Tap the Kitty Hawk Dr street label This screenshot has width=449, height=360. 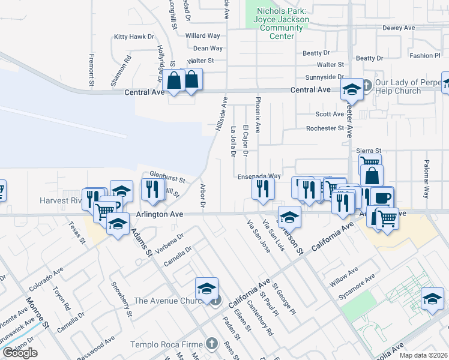tap(134, 37)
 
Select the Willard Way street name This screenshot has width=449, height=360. tap(202, 36)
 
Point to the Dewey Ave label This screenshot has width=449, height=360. tap(399, 28)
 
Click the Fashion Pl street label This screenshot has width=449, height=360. tap(425, 56)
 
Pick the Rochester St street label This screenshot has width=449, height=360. tap(324, 128)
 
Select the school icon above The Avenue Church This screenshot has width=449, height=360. tap(206, 290)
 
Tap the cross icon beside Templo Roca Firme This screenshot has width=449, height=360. tap(211, 344)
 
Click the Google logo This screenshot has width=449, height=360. tap(20, 353)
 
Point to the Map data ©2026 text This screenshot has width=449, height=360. tap(424, 355)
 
